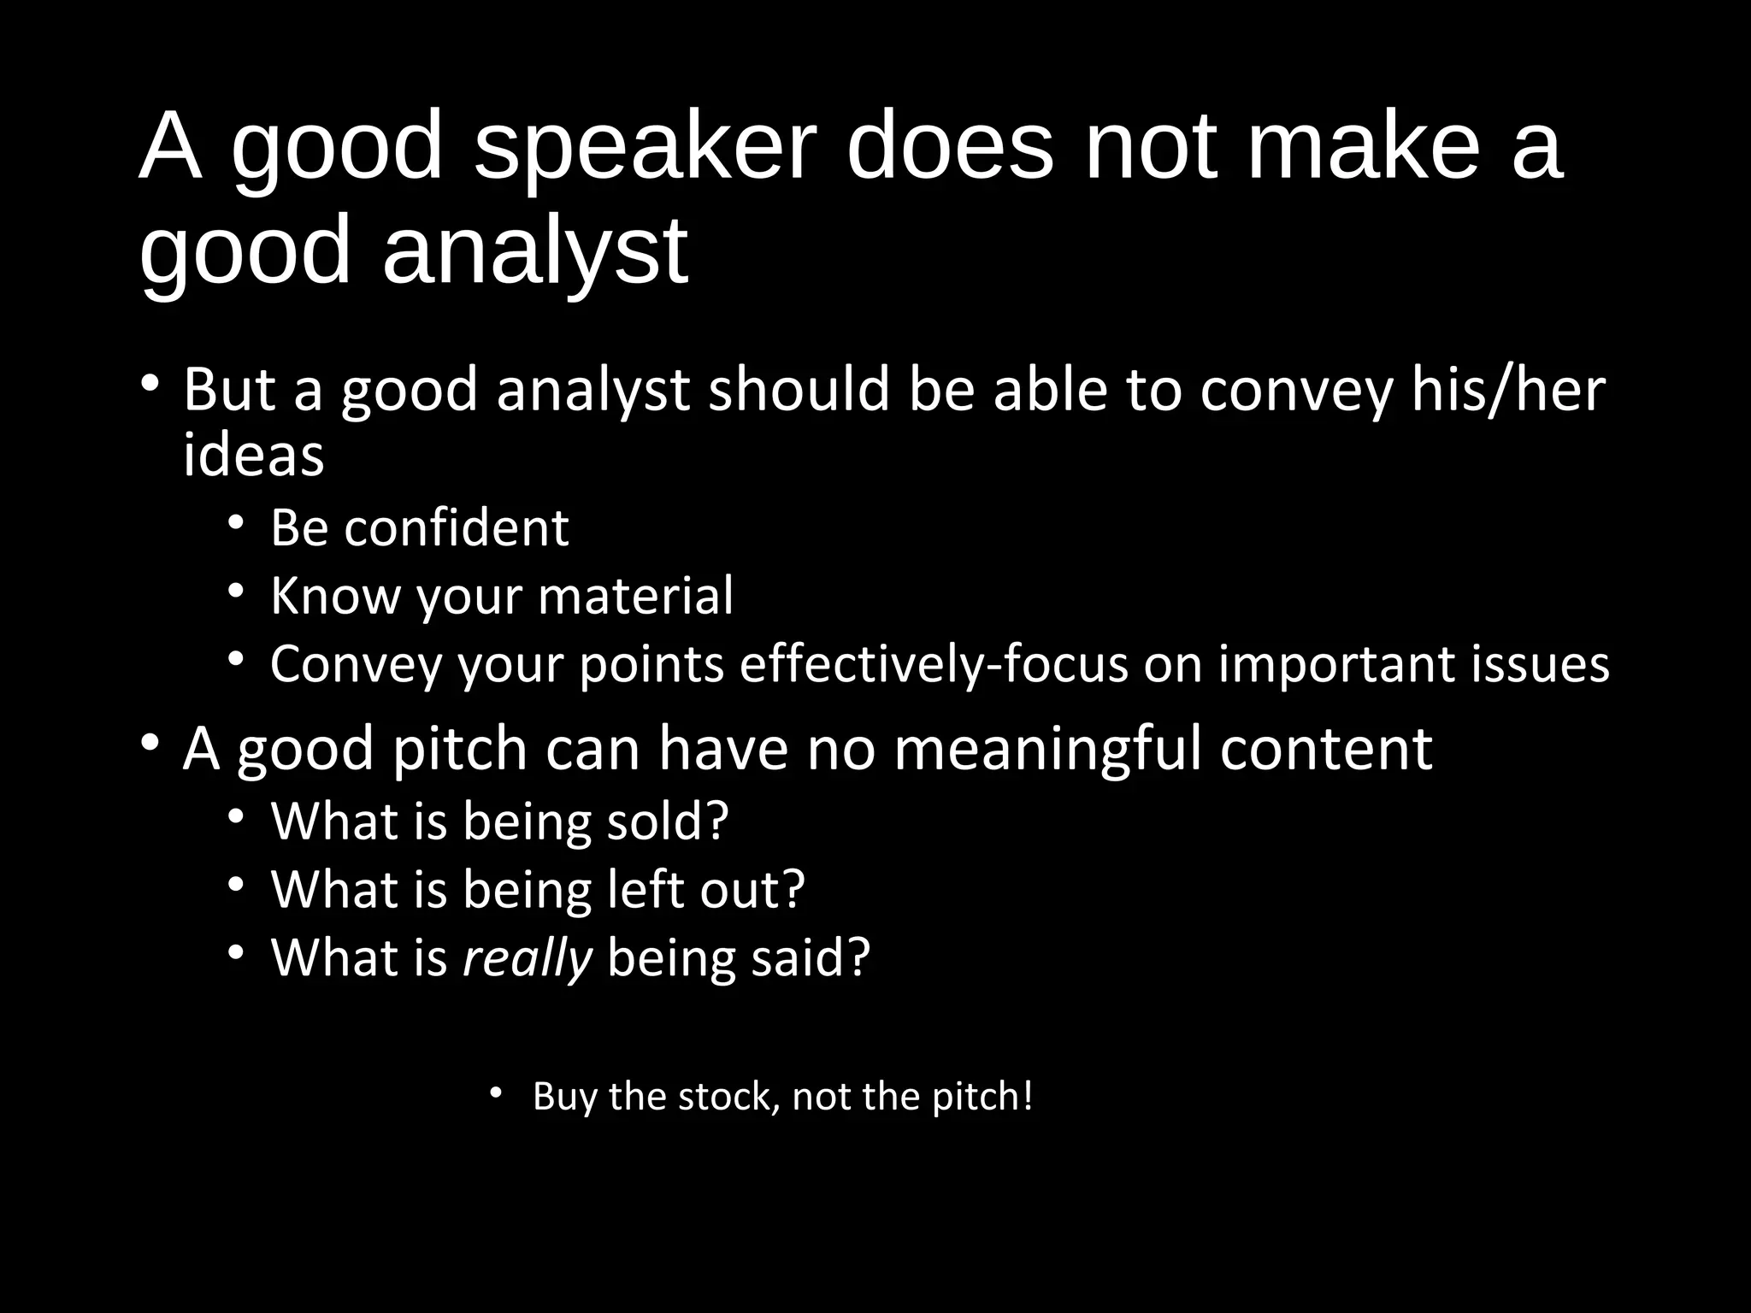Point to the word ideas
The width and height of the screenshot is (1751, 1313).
pyautogui.click(x=253, y=455)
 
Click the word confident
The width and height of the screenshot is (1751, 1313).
pyautogui.click(x=456, y=527)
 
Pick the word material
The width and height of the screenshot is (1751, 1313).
pyautogui.click(x=635, y=596)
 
